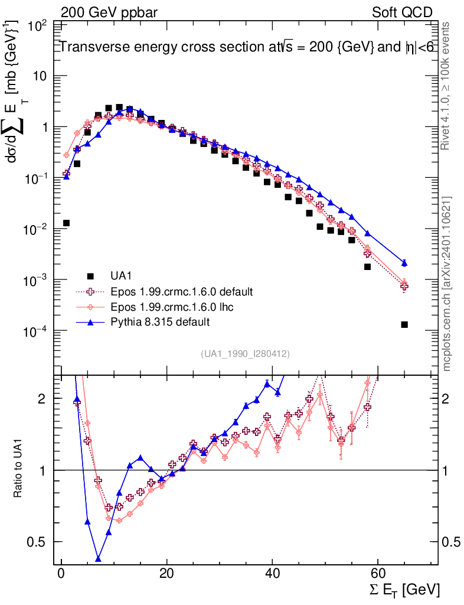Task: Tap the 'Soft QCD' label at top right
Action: (402, 12)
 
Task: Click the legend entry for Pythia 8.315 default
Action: (160, 322)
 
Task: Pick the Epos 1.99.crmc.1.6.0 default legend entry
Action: (181, 291)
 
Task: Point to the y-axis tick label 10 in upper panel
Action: (40, 76)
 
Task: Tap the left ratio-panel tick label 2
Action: (43, 399)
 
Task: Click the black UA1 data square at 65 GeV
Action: (404, 324)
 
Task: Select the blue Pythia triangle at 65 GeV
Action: (404, 263)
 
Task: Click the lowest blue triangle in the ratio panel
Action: (98, 558)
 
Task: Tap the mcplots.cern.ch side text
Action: (447, 284)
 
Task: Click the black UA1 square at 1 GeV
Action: (67, 223)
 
